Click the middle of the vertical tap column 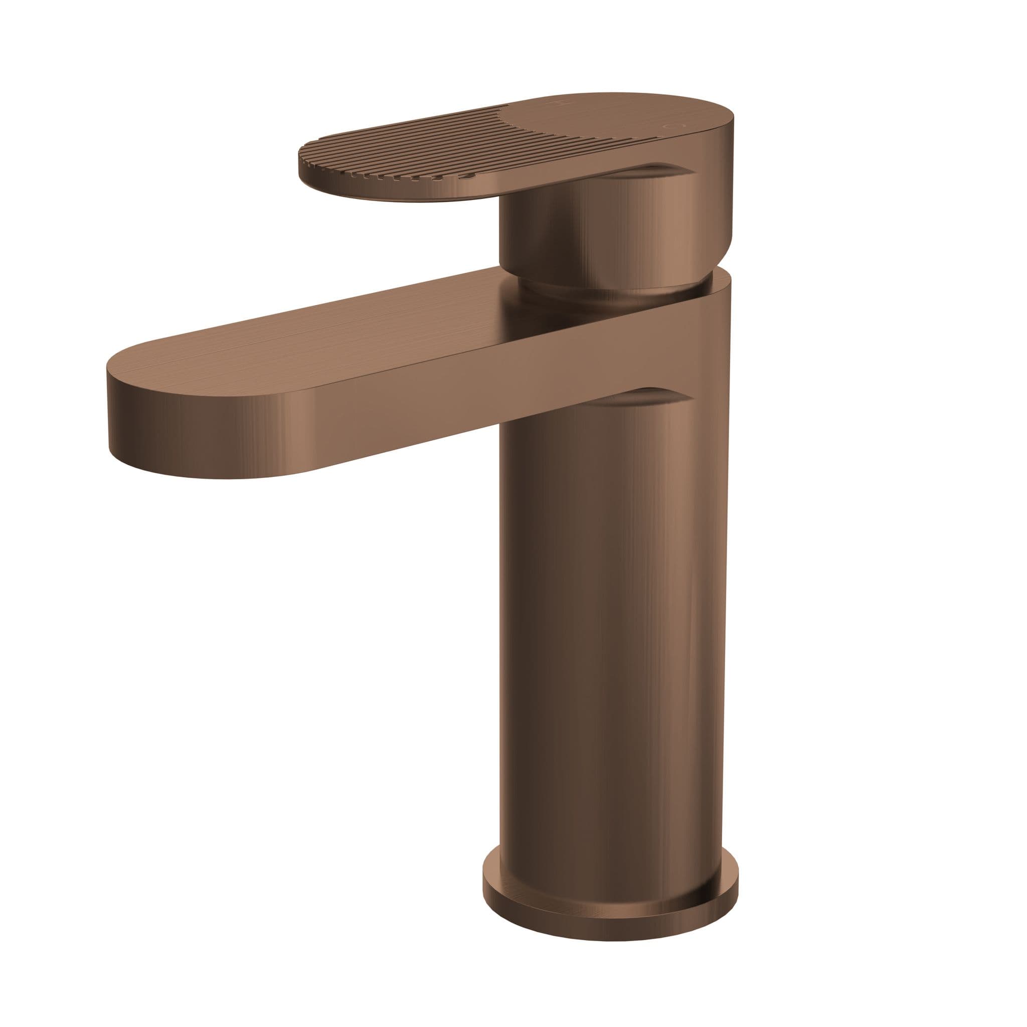[611, 611]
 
